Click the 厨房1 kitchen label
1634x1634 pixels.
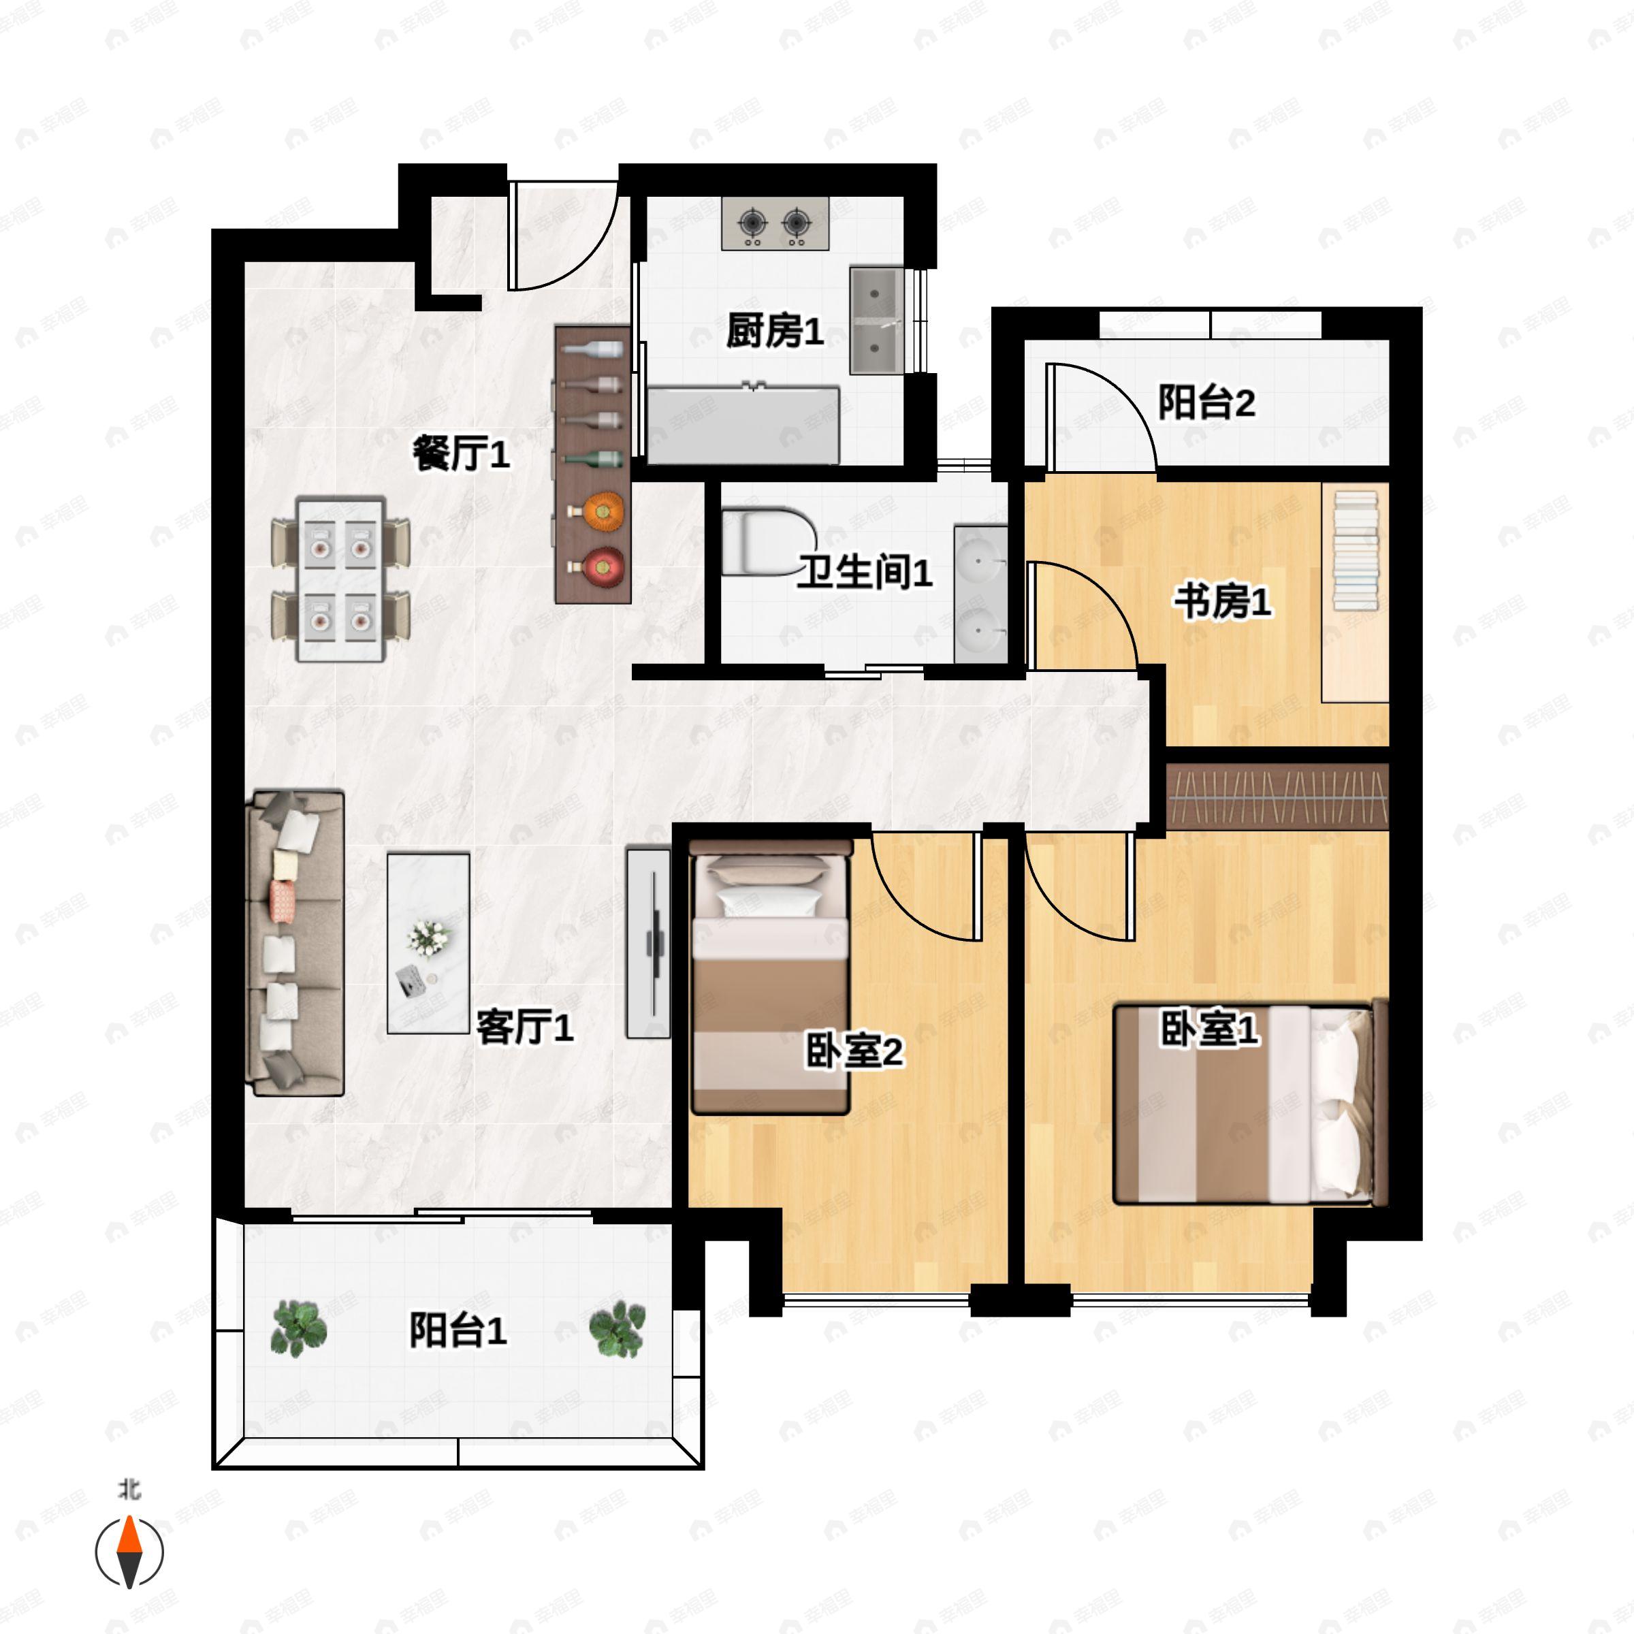click(775, 331)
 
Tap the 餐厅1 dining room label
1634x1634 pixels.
click(461, 454)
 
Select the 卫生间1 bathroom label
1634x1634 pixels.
click(865, 573)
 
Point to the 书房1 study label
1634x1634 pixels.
click(1222, 602)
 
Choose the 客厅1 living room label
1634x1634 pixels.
click(524, 1027)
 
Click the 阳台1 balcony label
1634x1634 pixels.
click(458, 1330)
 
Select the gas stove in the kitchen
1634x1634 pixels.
click(775, 223)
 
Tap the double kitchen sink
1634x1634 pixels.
click(876, 321)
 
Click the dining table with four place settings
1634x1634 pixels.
click(341, 579)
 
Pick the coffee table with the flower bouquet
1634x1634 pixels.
click(428, 943)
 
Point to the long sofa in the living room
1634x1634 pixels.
click(294, 943)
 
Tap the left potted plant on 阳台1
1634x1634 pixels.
click(298, 1329)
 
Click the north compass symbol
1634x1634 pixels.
click(129, 1553)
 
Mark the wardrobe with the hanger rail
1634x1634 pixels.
click(1278, 797)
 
